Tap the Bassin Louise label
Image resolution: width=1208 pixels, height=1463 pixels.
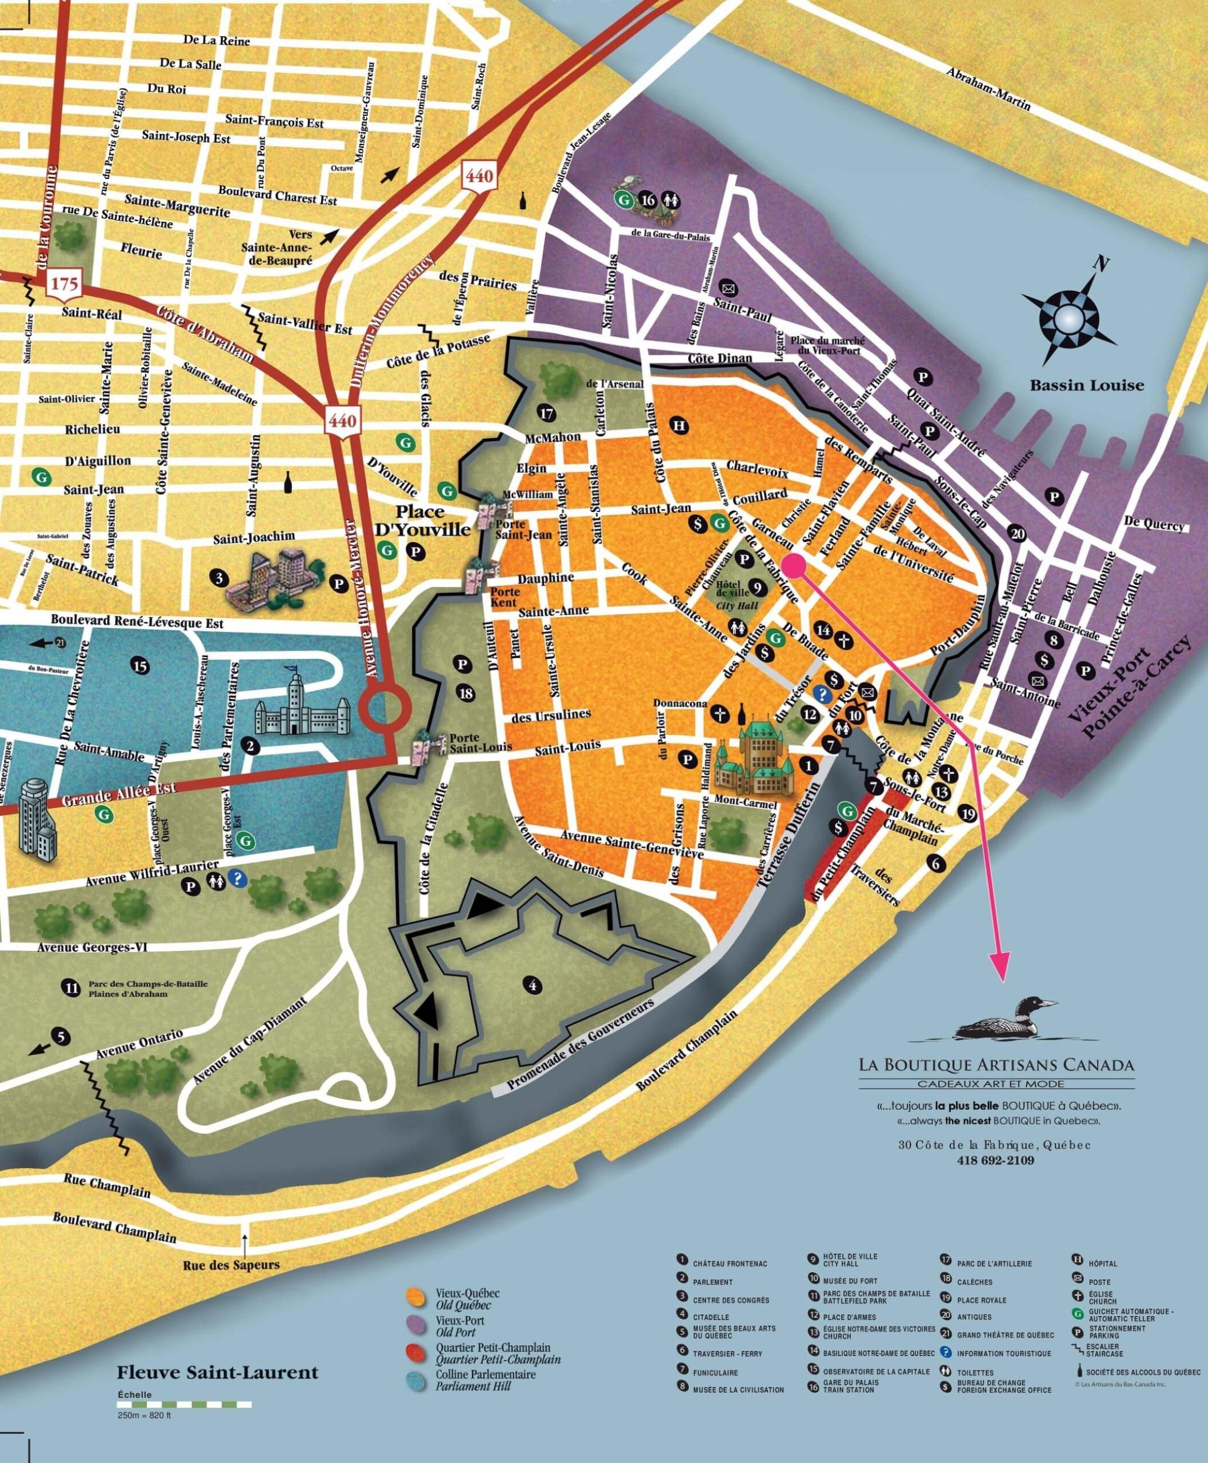click(1086, 386)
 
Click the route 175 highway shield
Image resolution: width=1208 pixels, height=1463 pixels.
click(64, 285)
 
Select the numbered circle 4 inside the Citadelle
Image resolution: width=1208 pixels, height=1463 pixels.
click(533, 986)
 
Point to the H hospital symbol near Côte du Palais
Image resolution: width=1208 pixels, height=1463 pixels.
click(679, 425)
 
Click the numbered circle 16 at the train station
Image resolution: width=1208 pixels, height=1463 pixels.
click(648, 201)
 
